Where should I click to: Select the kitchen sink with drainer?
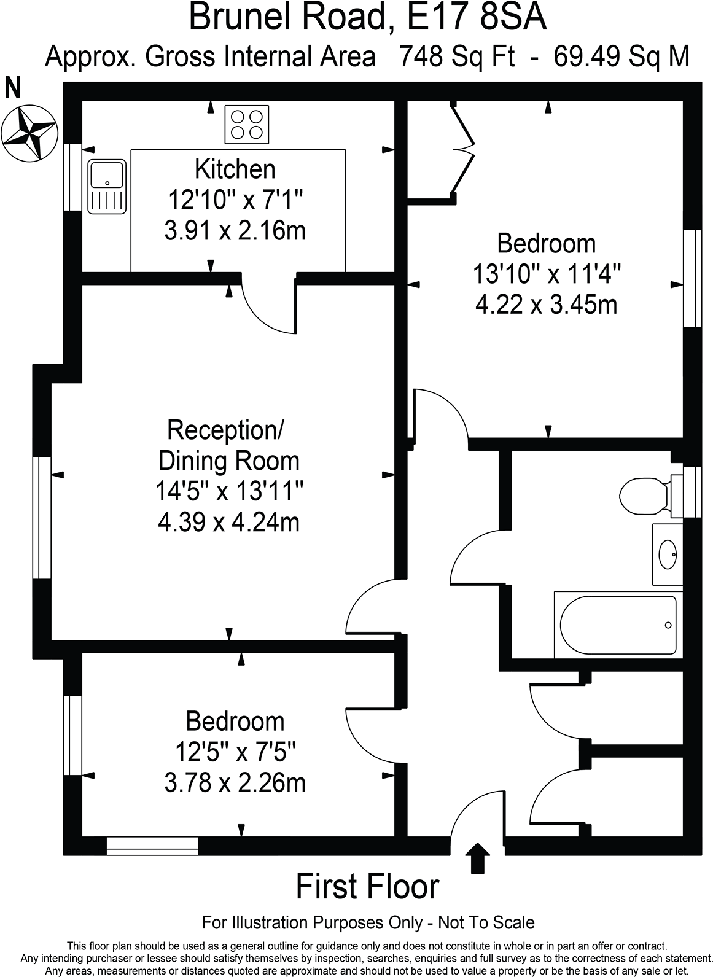pyautogui.click(x=107, y=187)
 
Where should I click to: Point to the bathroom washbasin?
pyautogui.click(x=668, y=555)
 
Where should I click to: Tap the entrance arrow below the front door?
pyautogui.click(x=477, y=858)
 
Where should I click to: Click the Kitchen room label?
pyautogui.click(x=235, y=168)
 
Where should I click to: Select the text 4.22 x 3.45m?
pyautogui.click(x=546, y=305)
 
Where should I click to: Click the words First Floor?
pyautogui.click(x=367, y=887)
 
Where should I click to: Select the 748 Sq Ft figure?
pyautogui.click(x=456, y=56)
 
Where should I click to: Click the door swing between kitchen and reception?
pyautogui.click(x=268, y=305)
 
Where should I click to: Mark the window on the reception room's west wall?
pyautogui.click(x=42, y=518)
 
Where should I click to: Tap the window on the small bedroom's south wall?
pyautogui.click(x=152, y=846)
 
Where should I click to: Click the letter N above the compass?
pyautogui.click(x=12, y=88)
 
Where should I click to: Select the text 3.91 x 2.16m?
pyautogui.click(x=235, y=232)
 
